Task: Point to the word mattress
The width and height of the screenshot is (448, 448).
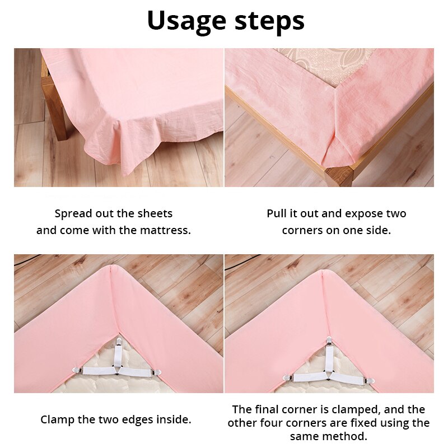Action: point(162,230)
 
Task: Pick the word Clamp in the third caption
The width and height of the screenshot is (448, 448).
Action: point(57,419)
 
